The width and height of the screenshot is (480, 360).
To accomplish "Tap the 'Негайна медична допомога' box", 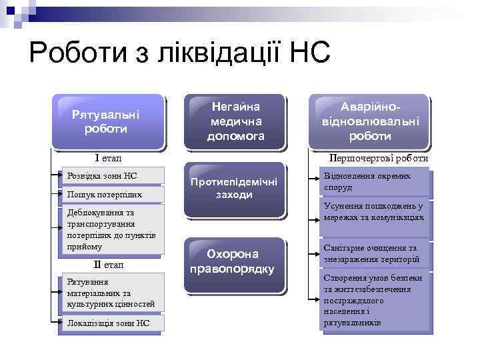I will (235, 121).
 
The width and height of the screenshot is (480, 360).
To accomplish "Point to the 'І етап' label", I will (108, 158).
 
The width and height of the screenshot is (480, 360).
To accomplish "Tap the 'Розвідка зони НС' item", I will (111, 176).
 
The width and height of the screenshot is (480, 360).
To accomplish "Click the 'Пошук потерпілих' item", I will (111, 194).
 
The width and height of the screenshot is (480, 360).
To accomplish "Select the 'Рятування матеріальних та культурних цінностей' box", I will (111, 293).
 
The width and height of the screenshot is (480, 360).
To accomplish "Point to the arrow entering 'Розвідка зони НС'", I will (57, 176).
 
